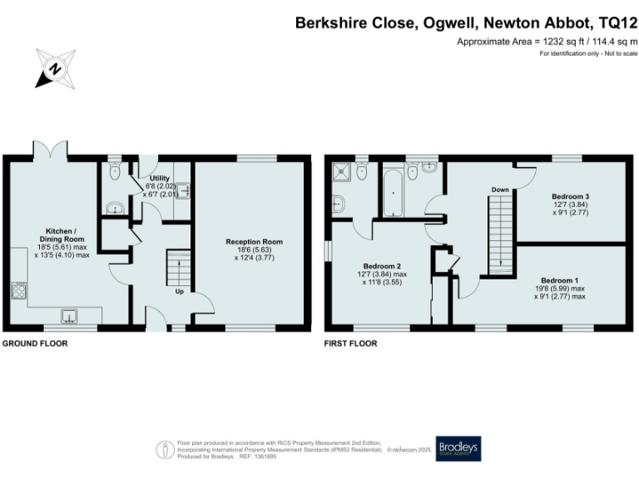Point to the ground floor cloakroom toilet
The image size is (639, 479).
(x=115, y=173)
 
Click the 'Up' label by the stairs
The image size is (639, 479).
(x=179, y=292)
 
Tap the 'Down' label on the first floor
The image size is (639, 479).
(x=499, y=190)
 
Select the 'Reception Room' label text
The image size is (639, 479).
(x=254, y=242)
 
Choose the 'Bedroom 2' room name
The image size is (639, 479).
(x=372, y=266)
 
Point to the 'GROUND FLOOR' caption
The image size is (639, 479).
(x=34, y=343)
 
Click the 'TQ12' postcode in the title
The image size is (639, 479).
(x=613, y=22)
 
